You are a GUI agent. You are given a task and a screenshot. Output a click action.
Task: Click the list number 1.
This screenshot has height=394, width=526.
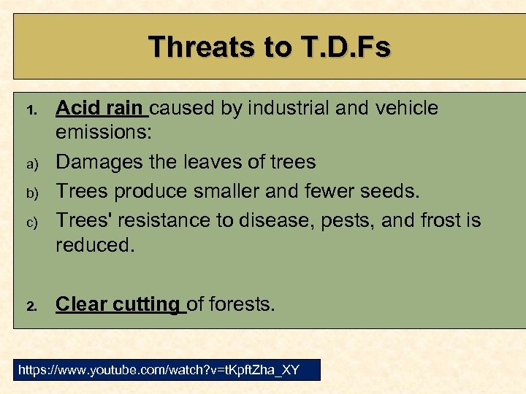[x=31, y=110]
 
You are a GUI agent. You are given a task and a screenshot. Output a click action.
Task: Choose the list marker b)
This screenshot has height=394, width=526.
[x=31, y=193]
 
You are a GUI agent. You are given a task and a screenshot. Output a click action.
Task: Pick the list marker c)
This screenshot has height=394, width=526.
[x=31, y=220]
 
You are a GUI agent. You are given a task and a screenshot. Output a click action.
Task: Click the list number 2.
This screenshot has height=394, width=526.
[x=31, y=306]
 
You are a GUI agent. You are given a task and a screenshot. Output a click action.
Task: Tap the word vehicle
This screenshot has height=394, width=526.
[x=406, y=108]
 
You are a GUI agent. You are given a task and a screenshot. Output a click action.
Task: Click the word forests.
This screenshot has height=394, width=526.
[x=244, y=304]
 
